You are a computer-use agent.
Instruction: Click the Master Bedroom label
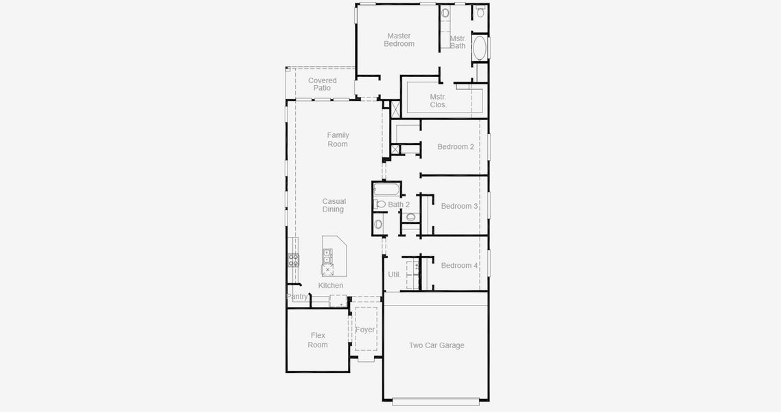point(399,40)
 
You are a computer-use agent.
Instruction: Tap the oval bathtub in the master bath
point(480,48)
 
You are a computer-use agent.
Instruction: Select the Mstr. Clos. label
point(438,101)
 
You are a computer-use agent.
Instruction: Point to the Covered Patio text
point(322,84)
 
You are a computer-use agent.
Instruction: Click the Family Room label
point(338,139)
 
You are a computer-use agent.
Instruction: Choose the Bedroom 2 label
point(456,147)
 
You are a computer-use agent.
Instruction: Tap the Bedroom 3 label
point(459,206)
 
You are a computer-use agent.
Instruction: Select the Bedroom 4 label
point(459,266)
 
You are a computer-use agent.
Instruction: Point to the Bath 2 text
point(399,205)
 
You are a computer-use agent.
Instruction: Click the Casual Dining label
point(334,205)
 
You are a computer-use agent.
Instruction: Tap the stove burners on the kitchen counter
point(293,260)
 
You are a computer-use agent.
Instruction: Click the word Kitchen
point(330,286)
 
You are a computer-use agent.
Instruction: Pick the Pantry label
point(297,297)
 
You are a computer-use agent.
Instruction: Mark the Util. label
point(394,275)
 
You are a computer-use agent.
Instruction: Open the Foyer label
point(365,330)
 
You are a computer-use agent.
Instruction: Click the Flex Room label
point(318,341)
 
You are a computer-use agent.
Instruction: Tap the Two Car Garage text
point(436,345)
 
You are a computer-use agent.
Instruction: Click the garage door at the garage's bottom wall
point(436,400)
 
